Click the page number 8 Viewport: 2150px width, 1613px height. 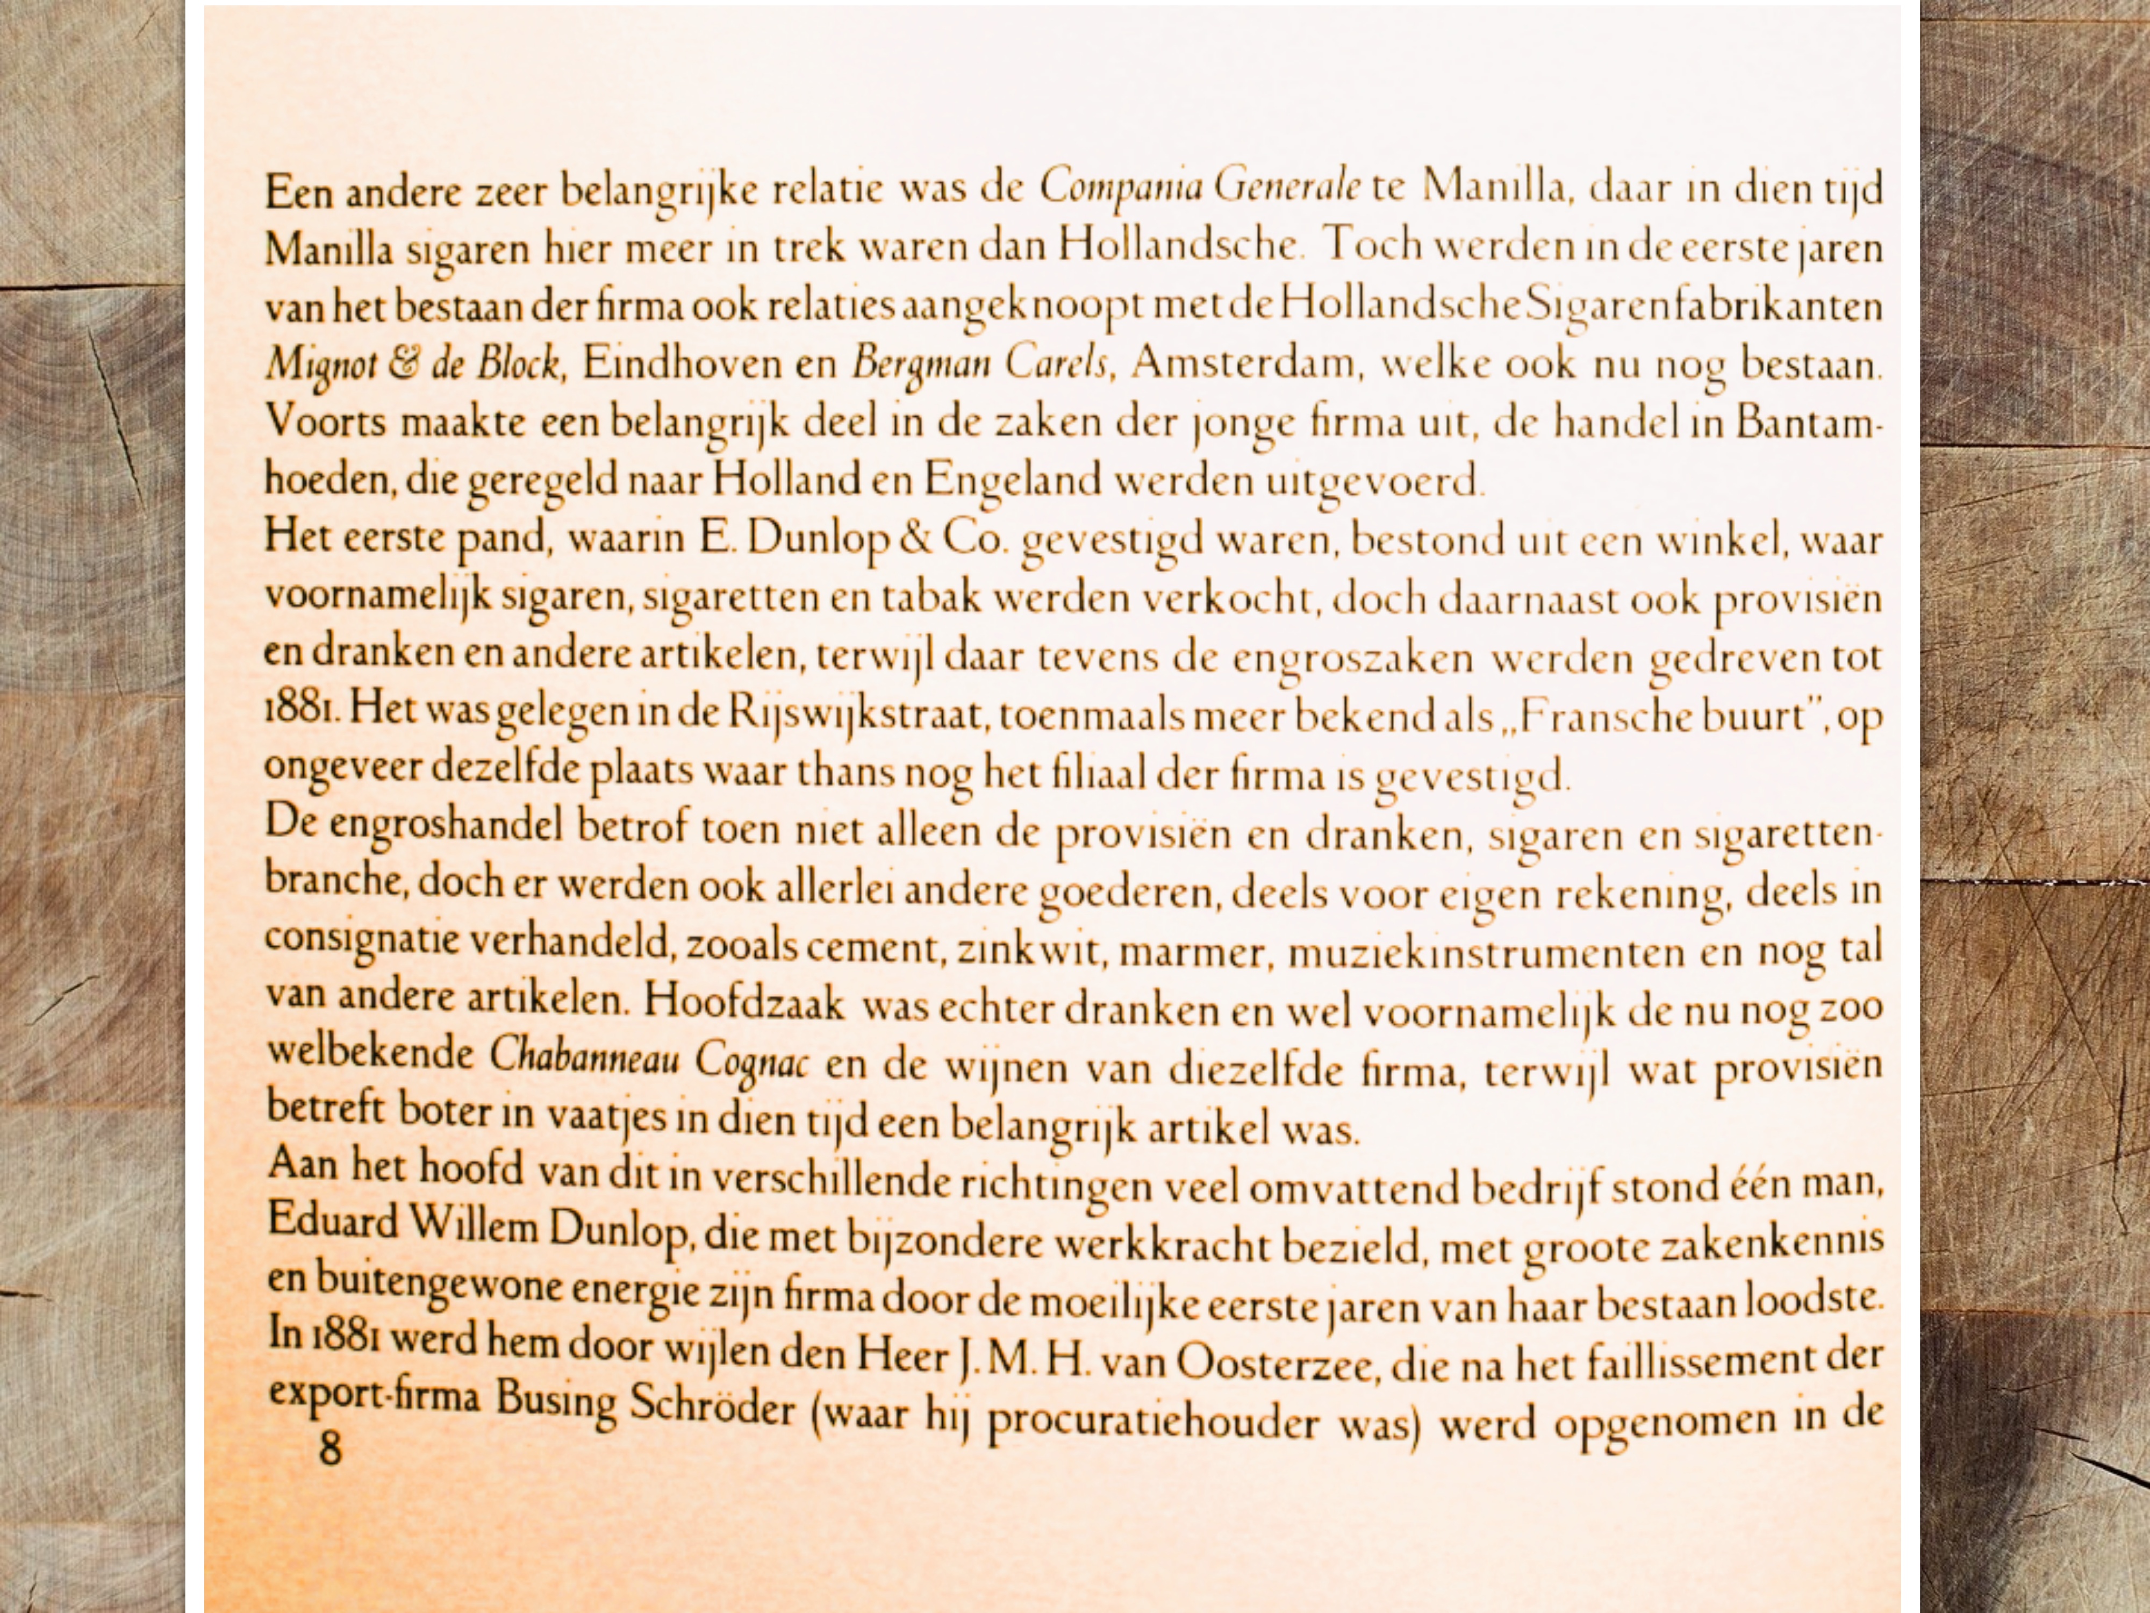click(x=331, y=1450)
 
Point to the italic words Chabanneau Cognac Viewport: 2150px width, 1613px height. click(x=648, y=1058)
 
